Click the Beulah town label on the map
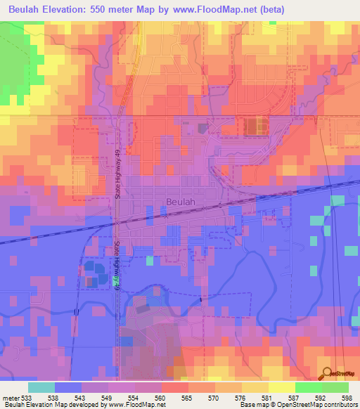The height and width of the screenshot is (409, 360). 181,202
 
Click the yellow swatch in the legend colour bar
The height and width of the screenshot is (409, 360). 281,387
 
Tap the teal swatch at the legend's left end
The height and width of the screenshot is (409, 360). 41,387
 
